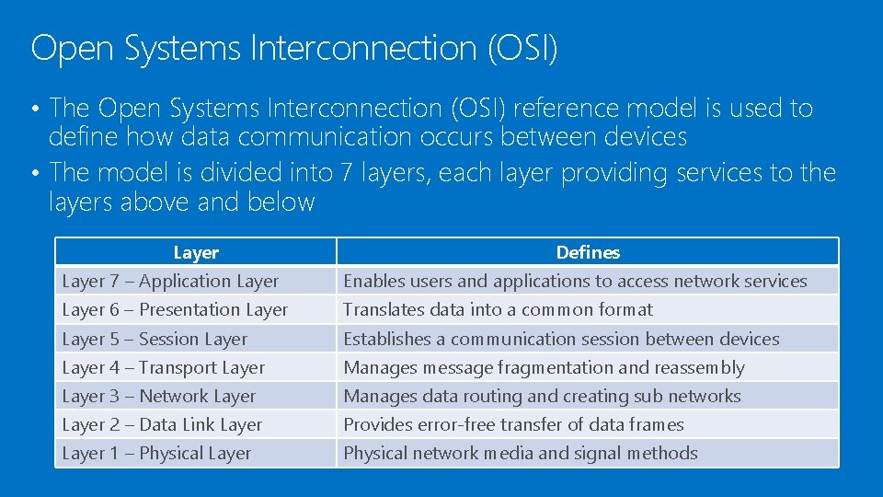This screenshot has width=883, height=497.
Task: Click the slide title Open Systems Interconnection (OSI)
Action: pyautogui.click(x=294, y=48)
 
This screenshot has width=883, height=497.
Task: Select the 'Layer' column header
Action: pyautogui.click(x=196, y=252)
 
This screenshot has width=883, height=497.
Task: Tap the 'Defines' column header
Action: pyautogui.click(x=588, y=252)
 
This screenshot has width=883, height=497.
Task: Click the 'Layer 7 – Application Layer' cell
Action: pyautogui.click(x=170, y=282)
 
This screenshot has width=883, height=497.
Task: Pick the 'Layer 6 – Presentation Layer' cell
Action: pyautogui.click(x=175, y=310)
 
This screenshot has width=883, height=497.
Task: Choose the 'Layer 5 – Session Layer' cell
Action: pyautogui.click(x=155, y=339)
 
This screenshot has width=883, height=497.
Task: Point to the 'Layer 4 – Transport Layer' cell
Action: pyautogui.click(x=163, y=367)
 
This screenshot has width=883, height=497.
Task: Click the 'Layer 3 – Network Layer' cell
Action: pyautogui.click(x=158, y=396)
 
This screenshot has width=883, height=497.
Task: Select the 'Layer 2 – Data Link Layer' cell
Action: pyautogui.click(x=162, y=424)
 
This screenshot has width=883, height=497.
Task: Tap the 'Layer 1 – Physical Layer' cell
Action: pyautogui.click(x=156, y=453)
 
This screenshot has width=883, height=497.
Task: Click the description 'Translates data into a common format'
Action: pyautogui.click(x=498, y=310)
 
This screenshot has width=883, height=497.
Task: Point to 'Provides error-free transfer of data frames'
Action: pyautogui.click(x=513, y=424)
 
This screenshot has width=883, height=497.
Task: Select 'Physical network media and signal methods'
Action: pyautogui.click(x=521, y=453)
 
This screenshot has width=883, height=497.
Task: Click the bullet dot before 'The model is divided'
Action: pyautogui.click(x=34, y=173)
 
